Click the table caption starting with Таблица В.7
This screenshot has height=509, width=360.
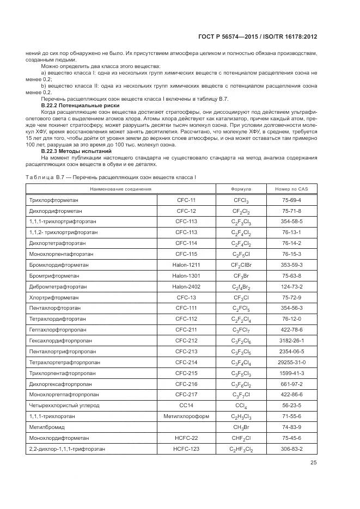(111, 177)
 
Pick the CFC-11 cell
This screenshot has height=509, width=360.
(186, 200)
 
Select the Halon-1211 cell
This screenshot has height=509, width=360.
(186, 265)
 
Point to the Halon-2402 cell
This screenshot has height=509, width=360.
(186, 286)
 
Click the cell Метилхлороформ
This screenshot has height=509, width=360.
(186, 415)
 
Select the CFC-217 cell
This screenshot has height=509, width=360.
(186, 394)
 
